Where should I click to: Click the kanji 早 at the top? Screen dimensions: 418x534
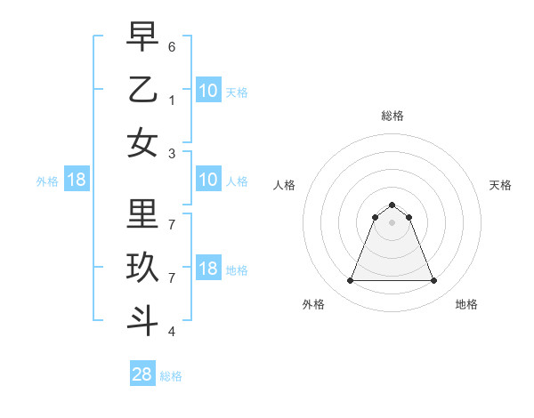pyautogui.click(x=143, y=37)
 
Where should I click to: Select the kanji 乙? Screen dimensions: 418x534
pyautogui.click(x=143, y=90)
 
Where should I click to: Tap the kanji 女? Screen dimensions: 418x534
pyautogui.click(x=143, y=143)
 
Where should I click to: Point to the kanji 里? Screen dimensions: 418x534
pyautogui.click(x=143, y=214)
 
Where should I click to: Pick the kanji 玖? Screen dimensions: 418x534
pyautogui.click(x=143, y=268)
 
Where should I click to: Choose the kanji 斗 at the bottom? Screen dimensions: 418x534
pyautogui.click(x=143, y=321)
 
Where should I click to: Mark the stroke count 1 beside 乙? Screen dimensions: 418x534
pyautogui.click(x=172, y=100)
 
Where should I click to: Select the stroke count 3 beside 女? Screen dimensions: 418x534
pyautogui.click(x=172, y=153)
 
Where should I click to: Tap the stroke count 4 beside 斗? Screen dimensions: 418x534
pyautogui.click(x=172, y=331)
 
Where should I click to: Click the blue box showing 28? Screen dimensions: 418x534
pyautogui.click(x=142, y=374)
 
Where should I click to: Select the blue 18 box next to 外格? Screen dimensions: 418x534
pyautogui.click(x=77, y=181)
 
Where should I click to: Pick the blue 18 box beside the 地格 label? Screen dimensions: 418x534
pyautogui.click(x=207, y=269)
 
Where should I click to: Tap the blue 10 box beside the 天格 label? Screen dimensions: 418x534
pyautogui.click(x=207, y=91)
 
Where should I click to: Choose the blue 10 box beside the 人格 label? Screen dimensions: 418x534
pyautogui.click(x=207, y=181)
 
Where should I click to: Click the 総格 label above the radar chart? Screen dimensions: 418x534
pyautogui.click(x=392, y=116)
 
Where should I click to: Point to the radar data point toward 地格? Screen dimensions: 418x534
pyautogui.click(x=434, y=281)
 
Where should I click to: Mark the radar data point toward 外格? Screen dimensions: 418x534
pyautogui.click(x=350, y=281)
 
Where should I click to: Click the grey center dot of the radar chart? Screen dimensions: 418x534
pyautogui.click(x=392, y=222)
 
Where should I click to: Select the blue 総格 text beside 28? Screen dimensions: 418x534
pyautogui.click(x=171, y=376)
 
